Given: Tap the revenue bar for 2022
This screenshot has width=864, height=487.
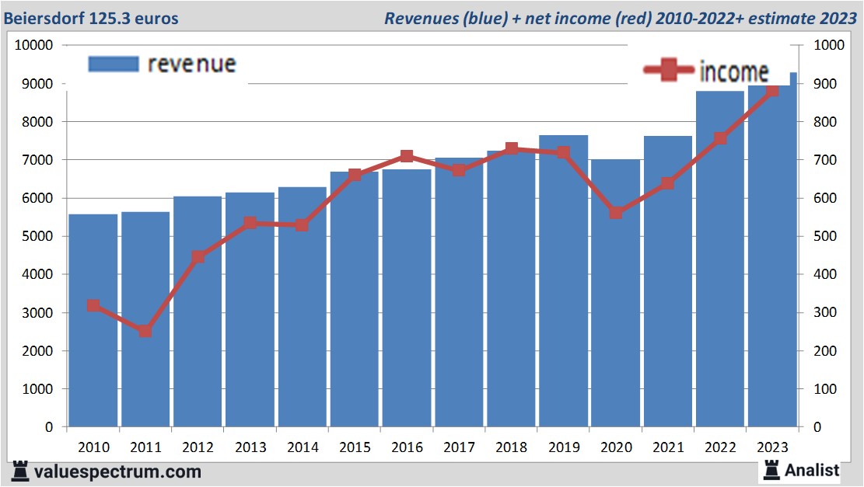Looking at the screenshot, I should (x=719, y=272).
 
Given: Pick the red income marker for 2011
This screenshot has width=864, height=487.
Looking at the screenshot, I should (x=145, y=331).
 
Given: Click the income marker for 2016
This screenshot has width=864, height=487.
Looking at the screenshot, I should (x=406, y=156).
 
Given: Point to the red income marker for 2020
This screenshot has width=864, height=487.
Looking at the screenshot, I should (x=615, y=212).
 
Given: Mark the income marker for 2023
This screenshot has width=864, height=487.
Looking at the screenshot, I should (x=771, y=91).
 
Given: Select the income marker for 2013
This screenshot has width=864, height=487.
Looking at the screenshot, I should (x=250, y=224).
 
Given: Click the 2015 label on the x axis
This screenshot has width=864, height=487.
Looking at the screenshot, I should (x=355, y=447).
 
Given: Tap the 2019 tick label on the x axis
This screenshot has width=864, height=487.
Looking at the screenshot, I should (x=563, y=447).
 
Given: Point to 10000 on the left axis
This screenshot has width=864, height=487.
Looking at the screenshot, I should (x=33, y=46).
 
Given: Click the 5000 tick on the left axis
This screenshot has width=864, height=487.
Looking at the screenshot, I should (x=37, y=237).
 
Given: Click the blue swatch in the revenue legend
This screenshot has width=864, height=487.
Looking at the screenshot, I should (x=113, y=64).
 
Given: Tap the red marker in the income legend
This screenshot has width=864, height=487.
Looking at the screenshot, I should (x=668, y=70).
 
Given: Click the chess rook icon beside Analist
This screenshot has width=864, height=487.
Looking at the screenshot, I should (x=771, y=468).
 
